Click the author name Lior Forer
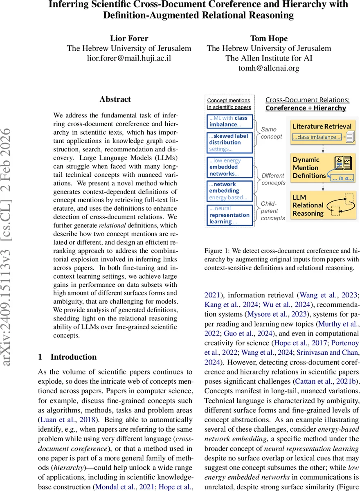coord(129,38)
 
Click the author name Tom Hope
coord(269,38)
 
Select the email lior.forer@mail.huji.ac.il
coord(129,58)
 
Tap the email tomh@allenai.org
coord(269,68)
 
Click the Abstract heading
coord(115,99)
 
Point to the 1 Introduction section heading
coord(67,357)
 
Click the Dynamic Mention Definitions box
coord(322,168)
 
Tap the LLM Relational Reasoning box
coord(322,205)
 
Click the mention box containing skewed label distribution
coord(229,142)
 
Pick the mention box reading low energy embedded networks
coord(229,167)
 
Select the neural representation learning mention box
coord(229,215)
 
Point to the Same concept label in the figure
coord(272,133)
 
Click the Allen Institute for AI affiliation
coord(269,58)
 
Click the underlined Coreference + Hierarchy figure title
coord(306,108)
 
